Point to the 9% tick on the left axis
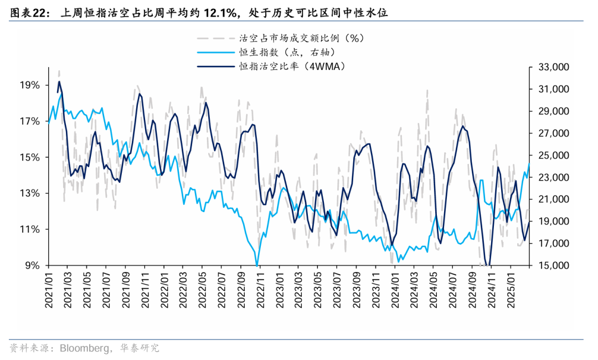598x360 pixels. (x=32, y=265)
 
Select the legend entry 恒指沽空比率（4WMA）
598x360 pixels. (x=292, y=66)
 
